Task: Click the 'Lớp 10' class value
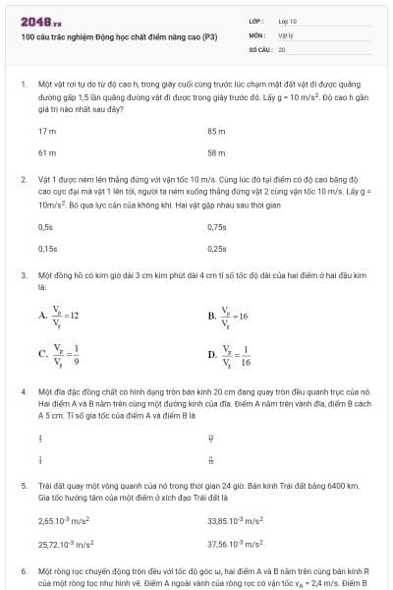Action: [288, 21]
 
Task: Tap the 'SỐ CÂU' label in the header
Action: [260, 48]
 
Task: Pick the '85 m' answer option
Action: [216, 131]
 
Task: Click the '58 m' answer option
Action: [216, 153]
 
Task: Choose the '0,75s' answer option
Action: [217, 227]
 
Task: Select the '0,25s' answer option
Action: [217, 250]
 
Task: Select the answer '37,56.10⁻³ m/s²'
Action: [235, 543]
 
